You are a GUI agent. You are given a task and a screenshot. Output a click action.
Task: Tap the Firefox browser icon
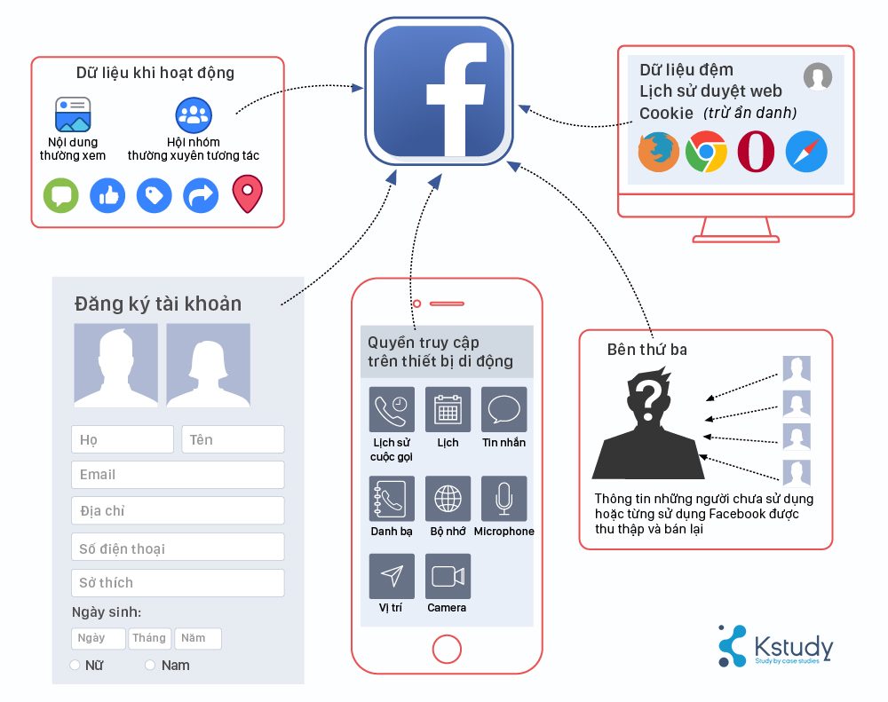pyautogui.click(x=659, y=152)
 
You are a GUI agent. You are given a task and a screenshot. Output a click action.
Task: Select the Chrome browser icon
pyautogui.click(x=707, y=152)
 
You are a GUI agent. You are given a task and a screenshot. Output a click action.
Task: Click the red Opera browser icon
pyautogui.click(x=756, y=152)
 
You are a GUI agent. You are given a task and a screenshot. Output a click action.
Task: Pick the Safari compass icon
pyautogui.click(x=806, y=152)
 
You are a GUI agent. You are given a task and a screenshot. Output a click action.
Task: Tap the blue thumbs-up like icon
pyautogui.click(x=108, y=195)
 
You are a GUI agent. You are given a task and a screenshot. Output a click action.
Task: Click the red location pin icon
pyautogui.click(x=248, y=194)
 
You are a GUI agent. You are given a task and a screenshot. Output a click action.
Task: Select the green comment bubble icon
pyautogui.click(x=61, y=195)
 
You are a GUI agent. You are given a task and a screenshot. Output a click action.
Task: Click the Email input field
pyautogui.click(x=178, y=475)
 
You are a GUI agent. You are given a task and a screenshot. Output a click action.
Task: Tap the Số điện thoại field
pyautogui.click(x=178, y=548)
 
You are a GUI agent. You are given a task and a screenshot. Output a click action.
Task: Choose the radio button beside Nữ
pyautogui.click(x=75, y=665)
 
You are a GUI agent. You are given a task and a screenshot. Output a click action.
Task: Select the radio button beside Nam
pyautogui.click(x=150, y=665)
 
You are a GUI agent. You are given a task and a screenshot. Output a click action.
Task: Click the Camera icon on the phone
pyautogui.click(x=448, y=577)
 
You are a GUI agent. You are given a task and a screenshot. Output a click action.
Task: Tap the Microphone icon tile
pyautogui.click(x=503, y=499)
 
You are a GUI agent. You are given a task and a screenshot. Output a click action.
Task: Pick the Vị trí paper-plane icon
pyautogui.click(x=392, y=577)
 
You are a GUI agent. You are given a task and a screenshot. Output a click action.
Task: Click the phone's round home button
pyautogui.click(x=447, y=649)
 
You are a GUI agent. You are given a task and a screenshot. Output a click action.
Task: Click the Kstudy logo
pyautogui.click(x=775, y=646)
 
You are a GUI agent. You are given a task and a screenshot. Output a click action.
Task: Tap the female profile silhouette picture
pyautogui.click(x=208, y=365)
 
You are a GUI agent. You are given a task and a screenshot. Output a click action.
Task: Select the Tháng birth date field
pyautogui.click(x=150, y=638)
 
